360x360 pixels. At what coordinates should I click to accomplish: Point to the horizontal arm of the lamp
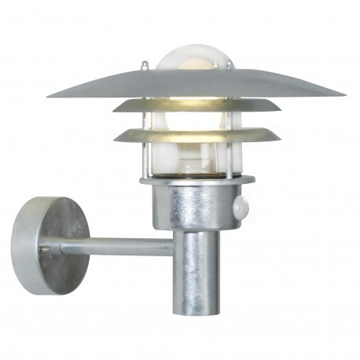pos(118,248)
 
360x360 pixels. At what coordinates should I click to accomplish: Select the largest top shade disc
pos(197,86)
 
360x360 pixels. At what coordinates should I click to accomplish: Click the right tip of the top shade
pos(343,95)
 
